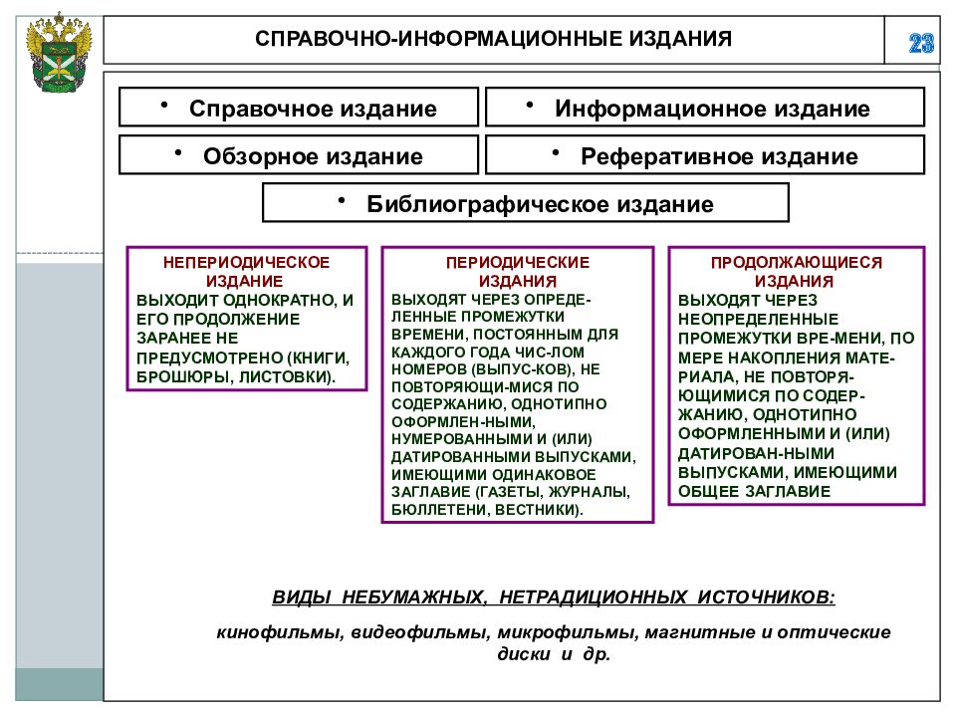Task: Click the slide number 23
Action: (x=921, y=42)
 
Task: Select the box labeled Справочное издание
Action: (x=299, y=108)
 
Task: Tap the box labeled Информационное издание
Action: (x=705, y=108)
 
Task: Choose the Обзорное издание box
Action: (x=299, y=156)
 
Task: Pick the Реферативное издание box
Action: (x=705, y=156)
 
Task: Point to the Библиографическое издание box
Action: (x=526, y=204)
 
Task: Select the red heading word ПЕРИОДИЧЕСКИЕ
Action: (x=517, y=262)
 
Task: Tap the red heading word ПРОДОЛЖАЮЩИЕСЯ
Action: (x=797, y=262)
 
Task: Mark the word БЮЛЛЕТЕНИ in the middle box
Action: (x=434, y=509)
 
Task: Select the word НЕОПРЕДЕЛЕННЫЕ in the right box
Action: (x=758, y=320)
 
